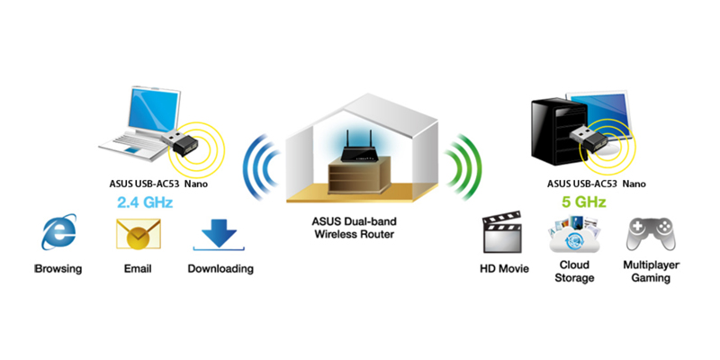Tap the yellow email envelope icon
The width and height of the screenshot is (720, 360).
click(x=136, y=235)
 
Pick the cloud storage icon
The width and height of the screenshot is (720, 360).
click(x=573, y=236)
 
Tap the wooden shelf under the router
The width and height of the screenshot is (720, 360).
click(x=358, y=175)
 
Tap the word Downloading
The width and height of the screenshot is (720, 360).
click(x=220, y=268)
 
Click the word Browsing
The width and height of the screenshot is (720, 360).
click(x=58, y=268)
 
